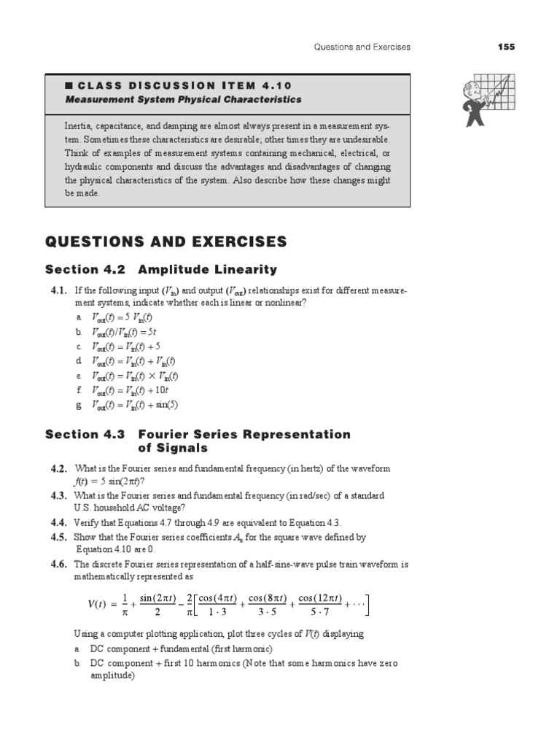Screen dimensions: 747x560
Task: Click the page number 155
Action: pyautogui.click(x=507, y=47)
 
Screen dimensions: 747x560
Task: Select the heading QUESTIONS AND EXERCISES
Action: pyautogui.click(x=166, y=241)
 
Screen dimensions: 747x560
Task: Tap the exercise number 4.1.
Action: pyautogui.click(x=59, y=290)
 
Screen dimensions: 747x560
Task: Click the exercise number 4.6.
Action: pyautogui.click(x=59, y=564)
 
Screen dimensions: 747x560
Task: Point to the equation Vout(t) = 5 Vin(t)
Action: pyautogui.click(x=123, y=317)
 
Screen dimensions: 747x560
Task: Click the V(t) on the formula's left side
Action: pyautogui.click(x=92, y=605)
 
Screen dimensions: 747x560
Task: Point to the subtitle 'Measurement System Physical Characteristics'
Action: pyautogui.click(x=183, y=99)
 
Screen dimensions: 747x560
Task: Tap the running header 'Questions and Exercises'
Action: pyautogui.click(x=362, y=47)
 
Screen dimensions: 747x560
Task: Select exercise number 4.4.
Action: pyautogui.click(x=59, y=523)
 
